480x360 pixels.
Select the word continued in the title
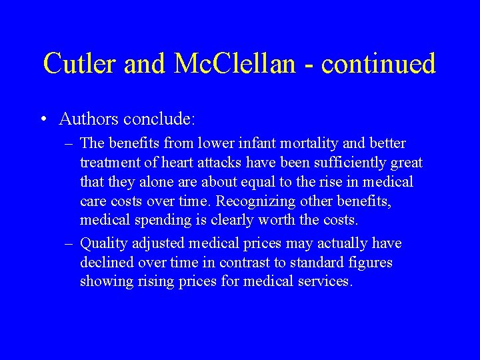coord(379,63)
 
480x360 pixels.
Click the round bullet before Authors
coord(43,119)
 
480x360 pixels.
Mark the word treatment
coord(108,163)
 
